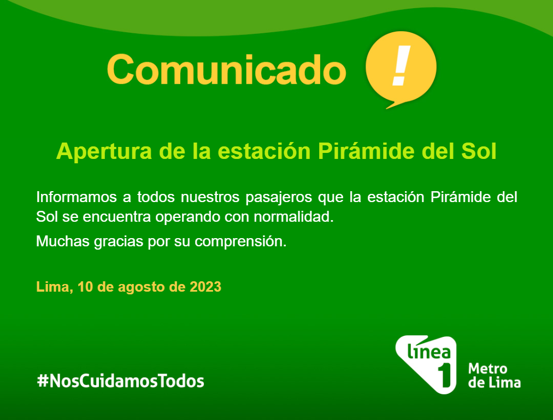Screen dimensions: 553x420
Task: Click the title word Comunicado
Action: [x=226, y=69]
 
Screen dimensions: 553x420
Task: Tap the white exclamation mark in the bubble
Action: [x=401, y=66]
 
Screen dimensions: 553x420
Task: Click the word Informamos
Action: [x=76, y=197]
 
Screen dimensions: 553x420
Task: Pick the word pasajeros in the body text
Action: [x=279, y=198]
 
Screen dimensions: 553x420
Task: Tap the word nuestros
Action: [x=210, y=198]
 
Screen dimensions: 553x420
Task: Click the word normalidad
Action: [x=293, y=217]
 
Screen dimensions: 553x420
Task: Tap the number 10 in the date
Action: [x=85, y=287]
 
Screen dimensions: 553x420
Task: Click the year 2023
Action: [x=205, y=287]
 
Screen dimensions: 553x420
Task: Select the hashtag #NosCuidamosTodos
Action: [x=121, y=381]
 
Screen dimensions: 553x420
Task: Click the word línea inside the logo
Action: [x=429, y=351]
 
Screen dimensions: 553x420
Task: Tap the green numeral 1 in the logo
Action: [x=445, y=375]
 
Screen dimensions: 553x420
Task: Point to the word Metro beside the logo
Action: [x=488, y=369]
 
